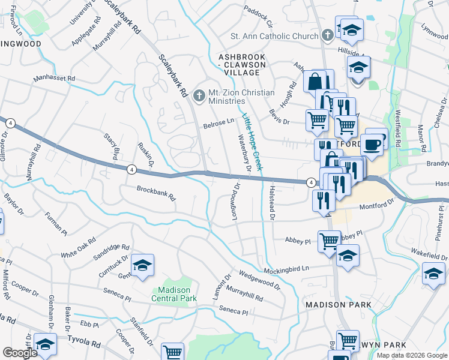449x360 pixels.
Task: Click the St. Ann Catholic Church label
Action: coord(277,37)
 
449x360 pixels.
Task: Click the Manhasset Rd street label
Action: coord(54,79)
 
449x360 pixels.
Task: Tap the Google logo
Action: coord(20,353)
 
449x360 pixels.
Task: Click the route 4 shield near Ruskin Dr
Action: coord(130,170)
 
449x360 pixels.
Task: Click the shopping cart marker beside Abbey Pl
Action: coord(329,242)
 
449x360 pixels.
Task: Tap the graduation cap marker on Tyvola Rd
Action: coord(44,344)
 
